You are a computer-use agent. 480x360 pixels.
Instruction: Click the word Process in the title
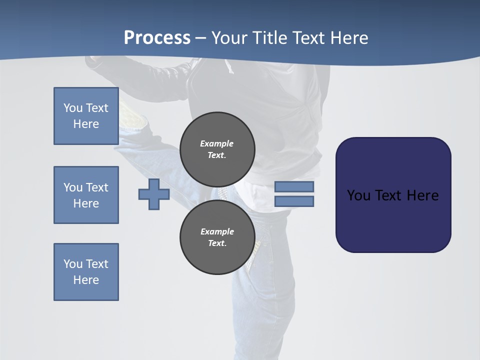pyautogui.click(x=157, y=38)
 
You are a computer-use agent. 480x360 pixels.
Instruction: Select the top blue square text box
pyautogui.click(x=86, y=116)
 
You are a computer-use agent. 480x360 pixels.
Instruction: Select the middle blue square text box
pyautogui.click(x=86, y=195)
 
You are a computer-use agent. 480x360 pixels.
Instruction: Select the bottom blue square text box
pyautogui.click(x=86, y=272)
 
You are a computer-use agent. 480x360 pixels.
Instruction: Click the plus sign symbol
pyautogui.click(x=154, y=194)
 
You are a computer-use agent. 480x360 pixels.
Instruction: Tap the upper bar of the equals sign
pyautogui.click(x=294, y=186)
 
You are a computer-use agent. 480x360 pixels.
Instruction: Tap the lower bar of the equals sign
pyautogui.click(x=294, y=201)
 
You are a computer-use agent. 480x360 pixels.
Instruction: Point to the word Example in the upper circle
pyautogui.click(x=216, y=143)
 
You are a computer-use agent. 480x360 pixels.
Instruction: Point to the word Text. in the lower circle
pyautogui.click(x=217, y=243)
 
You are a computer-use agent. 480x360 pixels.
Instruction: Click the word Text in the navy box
pyautogui.click(x=391, y=195)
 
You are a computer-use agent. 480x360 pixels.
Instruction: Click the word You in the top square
pyautogui.click(x=73, y=108)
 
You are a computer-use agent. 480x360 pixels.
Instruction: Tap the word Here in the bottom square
pyautogui.click(x=86, y=280)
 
